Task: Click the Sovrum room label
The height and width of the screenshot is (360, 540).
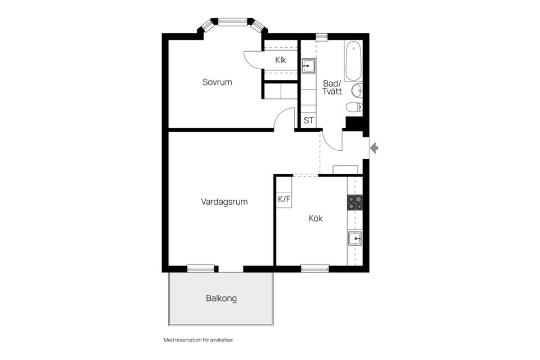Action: pyautogui.click(x=217, y=82)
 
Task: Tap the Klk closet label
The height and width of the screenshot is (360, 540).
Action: pyautogui.click(x=281, y=60)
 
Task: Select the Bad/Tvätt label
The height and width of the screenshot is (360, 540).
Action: pyautogui.click(x=332, y=87)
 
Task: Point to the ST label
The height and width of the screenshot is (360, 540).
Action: pyautogui.click(x=308, y=120)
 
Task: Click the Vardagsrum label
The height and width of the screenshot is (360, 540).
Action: pyautogui.click(x=224, y=201)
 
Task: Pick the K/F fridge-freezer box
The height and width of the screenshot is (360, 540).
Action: pyautogui.click(x=284, y=199)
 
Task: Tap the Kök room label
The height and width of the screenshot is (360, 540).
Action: pyautogui.click(x=316, y=218)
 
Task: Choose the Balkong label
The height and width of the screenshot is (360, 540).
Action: pyautogui.click(x=221, y=298)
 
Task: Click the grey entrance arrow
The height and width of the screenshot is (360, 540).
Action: pyautogui.click(x=374, y=148)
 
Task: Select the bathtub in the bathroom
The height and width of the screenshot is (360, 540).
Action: pyautogui.click(x=353, y=61)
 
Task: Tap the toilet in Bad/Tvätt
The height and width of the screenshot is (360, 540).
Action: pyautogui.click(x=354, y=107)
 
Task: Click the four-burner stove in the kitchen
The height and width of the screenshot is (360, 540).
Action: pyautogui.click(x=354, y=202)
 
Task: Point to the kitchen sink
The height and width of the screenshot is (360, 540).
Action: pyautogui.click(x=354, y=238)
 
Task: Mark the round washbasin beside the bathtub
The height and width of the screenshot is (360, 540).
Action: pyautogui.click(x=357, y=90)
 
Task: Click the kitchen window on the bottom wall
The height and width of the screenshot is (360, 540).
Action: pyautogui.click(x=315, y=268)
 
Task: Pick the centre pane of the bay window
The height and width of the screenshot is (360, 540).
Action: pyautogui.click(x=232, y=22)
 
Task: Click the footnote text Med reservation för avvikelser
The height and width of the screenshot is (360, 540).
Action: pyautogui.click(x=198, y=340)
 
